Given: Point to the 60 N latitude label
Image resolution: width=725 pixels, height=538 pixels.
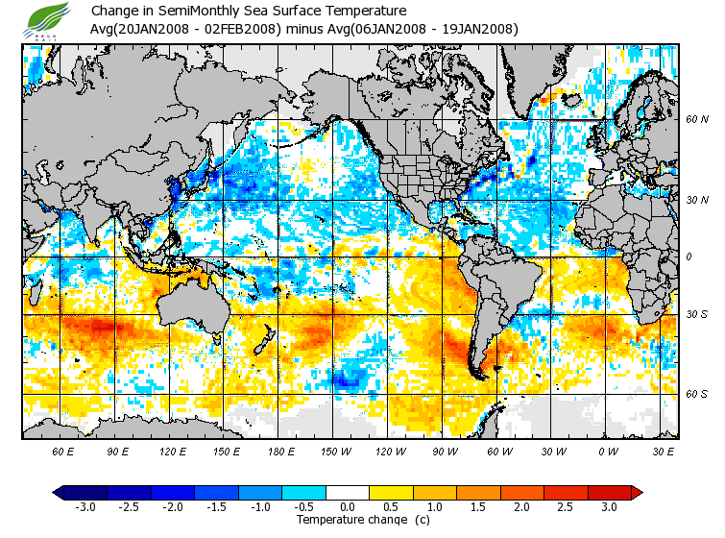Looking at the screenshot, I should coord(697,120).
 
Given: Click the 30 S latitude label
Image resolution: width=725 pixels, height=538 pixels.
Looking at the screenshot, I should coord(697,315).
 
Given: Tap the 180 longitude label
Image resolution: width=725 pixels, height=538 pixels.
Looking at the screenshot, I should coord(278,451).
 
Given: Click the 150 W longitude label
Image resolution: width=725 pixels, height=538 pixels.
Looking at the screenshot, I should coord(333,451).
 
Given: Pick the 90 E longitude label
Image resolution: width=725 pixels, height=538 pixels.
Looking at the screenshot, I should coord(117,451).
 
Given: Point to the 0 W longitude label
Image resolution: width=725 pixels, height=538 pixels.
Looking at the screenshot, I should coord(608,451).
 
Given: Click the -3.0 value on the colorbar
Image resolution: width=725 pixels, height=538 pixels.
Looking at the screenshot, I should coord(85,506).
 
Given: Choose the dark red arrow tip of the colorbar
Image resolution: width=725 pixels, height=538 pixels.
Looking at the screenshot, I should coord(636,492).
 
